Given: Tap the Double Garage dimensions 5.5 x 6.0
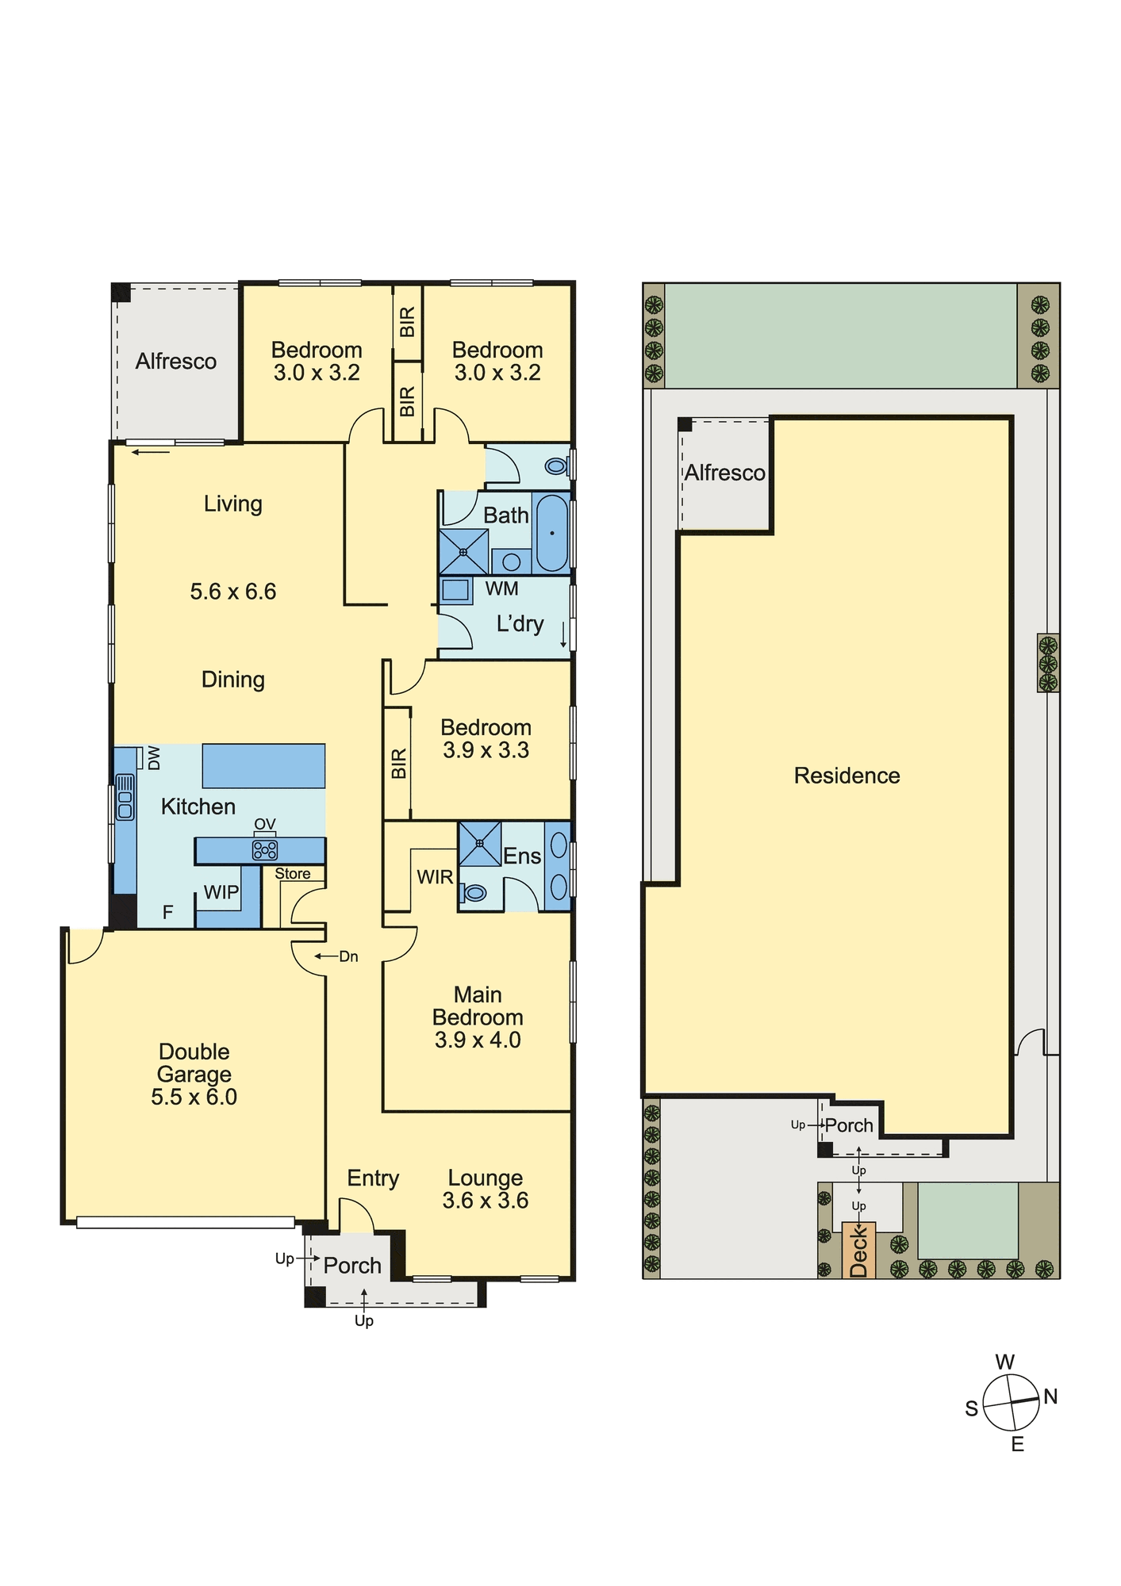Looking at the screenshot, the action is point(194,1098).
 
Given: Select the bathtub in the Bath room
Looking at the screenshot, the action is point(552,533).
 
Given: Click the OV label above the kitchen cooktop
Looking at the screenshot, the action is point(265,825).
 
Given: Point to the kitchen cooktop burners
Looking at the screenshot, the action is point(265,850).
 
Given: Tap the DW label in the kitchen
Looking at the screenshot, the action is point(154,757).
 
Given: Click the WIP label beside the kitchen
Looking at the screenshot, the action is point(221,892).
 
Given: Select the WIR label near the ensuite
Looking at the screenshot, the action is point(436,877).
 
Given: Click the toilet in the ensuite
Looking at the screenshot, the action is point(474,894).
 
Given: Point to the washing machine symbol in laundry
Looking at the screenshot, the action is point(455,590).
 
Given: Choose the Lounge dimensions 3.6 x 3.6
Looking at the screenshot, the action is point(486,1201).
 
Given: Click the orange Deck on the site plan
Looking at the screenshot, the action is point(858,1251).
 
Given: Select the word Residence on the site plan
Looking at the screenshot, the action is point(847,776).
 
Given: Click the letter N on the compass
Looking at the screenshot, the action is point(1050,1396).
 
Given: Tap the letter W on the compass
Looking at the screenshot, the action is point(1005,1362).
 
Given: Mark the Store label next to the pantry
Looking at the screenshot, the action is point(293,874).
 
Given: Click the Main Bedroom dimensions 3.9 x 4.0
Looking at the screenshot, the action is point(478,1040).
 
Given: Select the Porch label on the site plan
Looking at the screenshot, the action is point(849,1125).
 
